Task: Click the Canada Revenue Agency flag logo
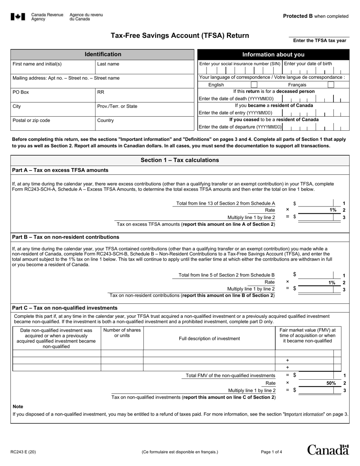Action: tap(18, 17)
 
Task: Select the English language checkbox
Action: tap(254, 85)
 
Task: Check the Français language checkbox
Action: tap(331, 85)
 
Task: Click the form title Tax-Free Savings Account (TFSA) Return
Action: tap(180, 36)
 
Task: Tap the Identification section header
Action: tap(103, 55)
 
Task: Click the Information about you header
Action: tap(273, 55)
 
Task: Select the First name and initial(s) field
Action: tap(53, 67)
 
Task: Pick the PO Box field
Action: tap(53, 95)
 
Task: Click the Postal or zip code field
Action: tap(53, 124)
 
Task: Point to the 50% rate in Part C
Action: tap(331, 383)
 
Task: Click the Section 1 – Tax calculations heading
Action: tap(180, 160)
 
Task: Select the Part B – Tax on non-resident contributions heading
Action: tap(66, 237)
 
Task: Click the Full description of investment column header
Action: tap(209, 338)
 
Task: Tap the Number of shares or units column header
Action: tap(122, 333)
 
